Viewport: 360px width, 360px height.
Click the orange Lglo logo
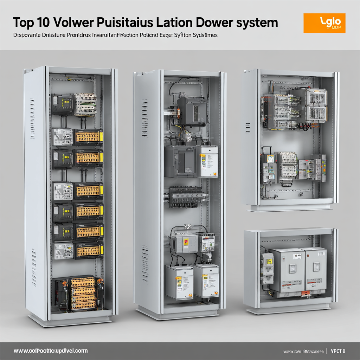(x=324, y=23)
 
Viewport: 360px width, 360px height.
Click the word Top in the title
(x=24, y=22)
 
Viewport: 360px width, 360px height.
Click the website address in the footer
(x=51, y=351)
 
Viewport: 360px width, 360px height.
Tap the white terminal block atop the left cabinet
(x=85, y=104)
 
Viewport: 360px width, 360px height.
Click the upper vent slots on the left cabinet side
(x=32, y=113)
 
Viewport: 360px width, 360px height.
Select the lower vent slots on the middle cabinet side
(x=145, y=259)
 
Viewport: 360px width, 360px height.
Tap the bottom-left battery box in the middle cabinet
(x=179, y=281)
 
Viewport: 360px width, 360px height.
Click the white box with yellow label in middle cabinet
(x=207, y=161)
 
